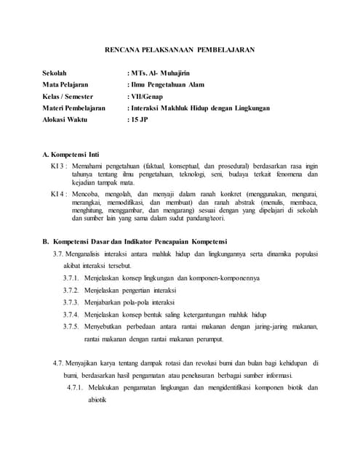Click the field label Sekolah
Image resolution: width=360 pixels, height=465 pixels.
tap(56, 73)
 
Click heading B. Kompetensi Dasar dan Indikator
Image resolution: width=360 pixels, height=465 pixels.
tap(135, 241)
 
